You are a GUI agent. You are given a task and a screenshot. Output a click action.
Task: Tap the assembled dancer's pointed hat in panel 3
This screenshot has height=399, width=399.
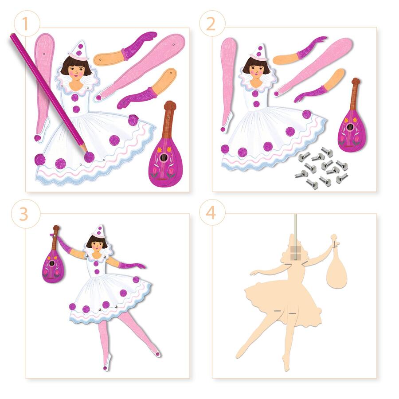[x=98, y=231]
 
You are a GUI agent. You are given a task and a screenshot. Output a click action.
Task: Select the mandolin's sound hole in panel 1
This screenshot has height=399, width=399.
[x=167, y=157]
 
